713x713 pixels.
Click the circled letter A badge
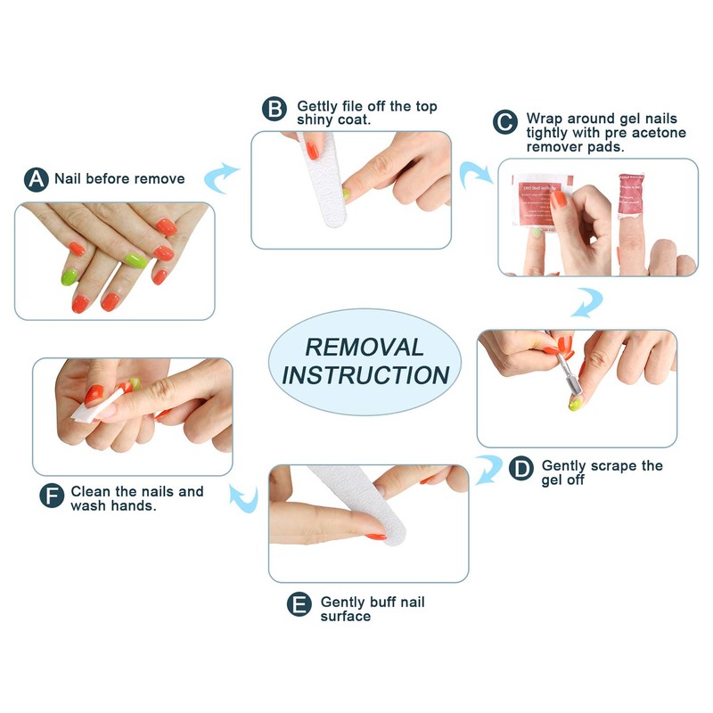[37, 179]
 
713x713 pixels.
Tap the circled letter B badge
[275, 110]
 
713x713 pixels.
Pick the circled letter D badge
[521, 467]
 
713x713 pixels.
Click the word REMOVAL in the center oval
[365, 346]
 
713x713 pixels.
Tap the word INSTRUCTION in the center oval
[365, 375]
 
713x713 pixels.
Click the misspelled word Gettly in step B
[318, 105]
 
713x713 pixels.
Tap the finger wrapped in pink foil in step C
[627, 205]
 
